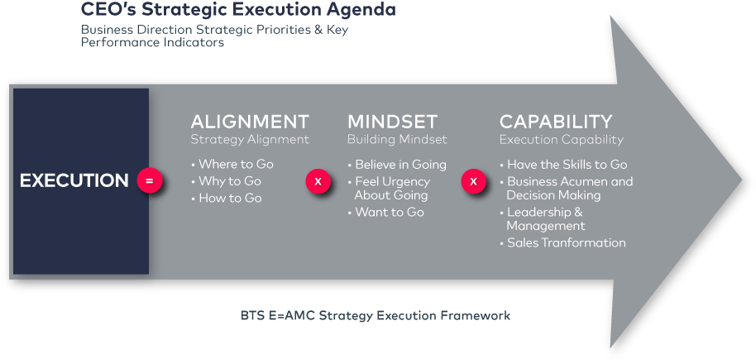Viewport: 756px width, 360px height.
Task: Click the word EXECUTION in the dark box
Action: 74,180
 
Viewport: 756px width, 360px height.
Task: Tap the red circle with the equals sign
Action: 149,180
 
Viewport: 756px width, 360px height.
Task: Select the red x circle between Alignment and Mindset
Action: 318,180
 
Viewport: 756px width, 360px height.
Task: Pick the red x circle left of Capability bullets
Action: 473,180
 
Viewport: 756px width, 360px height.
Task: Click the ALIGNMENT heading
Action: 250,122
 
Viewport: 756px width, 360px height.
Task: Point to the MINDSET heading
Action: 392,122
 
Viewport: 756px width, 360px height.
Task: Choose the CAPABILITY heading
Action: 556,122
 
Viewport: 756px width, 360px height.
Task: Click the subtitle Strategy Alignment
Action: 250,140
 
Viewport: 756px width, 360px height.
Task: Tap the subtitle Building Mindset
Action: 397,140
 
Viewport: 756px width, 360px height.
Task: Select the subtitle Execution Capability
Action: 562,140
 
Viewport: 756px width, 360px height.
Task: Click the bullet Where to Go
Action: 236,164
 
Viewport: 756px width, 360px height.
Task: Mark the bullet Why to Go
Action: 230,181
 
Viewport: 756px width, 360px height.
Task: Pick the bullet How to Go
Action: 230,199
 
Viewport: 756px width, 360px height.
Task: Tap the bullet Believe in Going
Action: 400,164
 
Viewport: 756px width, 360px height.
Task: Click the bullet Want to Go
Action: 390,213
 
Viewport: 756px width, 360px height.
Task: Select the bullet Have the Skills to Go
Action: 567,164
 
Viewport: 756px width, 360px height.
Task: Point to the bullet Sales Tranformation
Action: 566,242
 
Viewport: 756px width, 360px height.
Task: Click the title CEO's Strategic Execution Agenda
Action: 238,11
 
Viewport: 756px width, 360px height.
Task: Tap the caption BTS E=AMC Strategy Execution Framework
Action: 376,315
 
